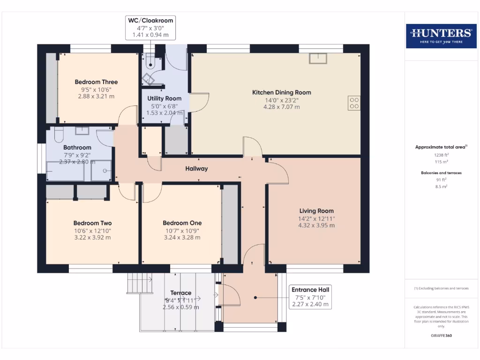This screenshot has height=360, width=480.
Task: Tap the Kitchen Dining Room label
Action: coord(281,92)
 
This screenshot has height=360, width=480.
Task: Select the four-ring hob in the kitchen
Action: coord(354,103)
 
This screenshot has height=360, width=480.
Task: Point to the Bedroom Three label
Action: coord(96,82)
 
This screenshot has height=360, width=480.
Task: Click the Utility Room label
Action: coord(164,98)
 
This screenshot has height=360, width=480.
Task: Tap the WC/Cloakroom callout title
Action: coord(150,20)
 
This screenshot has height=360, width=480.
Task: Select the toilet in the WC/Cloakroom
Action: coord(149,61)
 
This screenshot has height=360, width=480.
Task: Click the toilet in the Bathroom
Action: coord(59,135)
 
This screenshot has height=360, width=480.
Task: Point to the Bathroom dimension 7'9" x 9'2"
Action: coord(77,155)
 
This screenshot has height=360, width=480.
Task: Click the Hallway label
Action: coord(196,169)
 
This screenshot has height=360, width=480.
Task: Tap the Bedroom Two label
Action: coord(92,223)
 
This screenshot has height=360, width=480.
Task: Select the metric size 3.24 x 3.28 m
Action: coord(182,237)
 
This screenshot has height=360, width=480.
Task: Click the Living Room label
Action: coord(316,211)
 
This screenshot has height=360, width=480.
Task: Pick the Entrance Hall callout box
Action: coord(310,297)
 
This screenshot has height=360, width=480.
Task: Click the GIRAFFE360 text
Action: coord(441,336)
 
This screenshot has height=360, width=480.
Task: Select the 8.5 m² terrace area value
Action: coord(441,186)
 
